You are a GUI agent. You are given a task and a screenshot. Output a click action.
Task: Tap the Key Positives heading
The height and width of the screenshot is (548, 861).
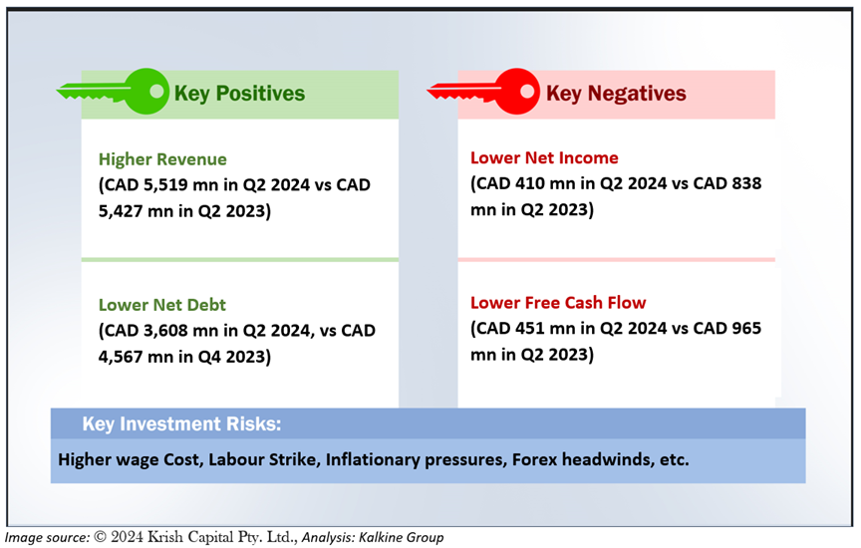[x=239, y=94]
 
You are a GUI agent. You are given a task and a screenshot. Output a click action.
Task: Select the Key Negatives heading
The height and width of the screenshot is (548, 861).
[x=616, y=94]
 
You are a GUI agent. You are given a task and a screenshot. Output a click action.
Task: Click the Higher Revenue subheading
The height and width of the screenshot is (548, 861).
[x=162, y=159]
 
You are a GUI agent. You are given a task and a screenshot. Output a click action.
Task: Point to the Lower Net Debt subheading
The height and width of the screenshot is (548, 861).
[x=162, y=305]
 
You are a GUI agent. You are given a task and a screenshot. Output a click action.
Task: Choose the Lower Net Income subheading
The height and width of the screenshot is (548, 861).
[x=544, y=157]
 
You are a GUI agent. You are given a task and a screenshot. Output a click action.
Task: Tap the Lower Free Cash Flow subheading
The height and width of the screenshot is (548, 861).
[x=558, y=303]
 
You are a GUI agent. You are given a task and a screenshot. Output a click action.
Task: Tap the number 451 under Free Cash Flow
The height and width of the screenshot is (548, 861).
[x=530, y=328]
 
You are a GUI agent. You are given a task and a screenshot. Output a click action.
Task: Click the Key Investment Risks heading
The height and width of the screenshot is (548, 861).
[x=181, y=423]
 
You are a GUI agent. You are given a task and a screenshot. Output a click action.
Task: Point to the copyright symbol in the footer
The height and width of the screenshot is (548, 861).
[x=100, y=536]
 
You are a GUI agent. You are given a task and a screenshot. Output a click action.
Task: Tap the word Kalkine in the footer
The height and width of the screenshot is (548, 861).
[x=380, y=537]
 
